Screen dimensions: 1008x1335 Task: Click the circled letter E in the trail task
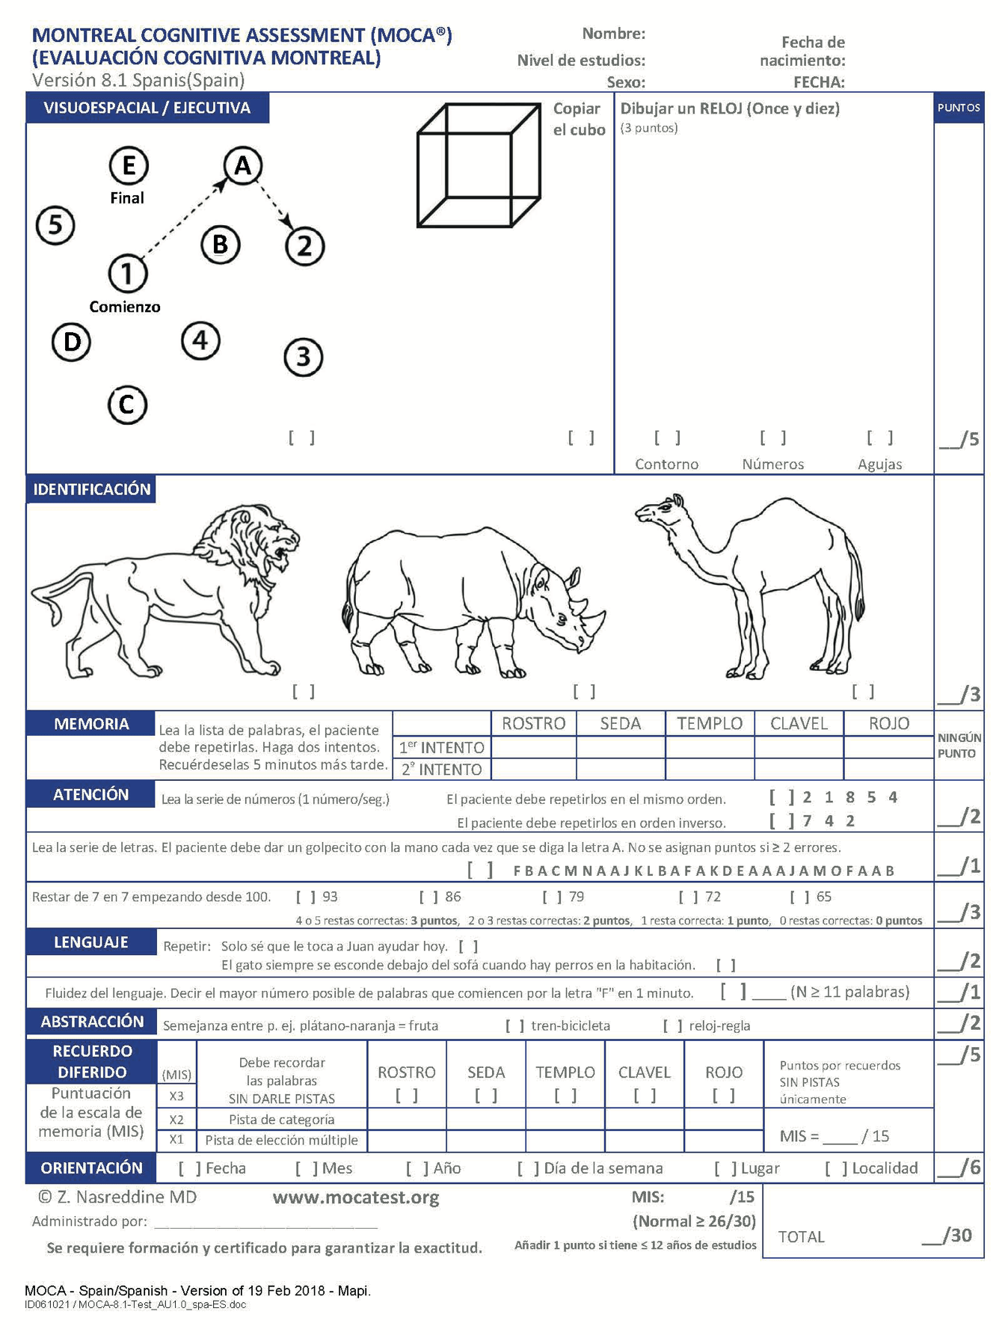pyautogui.click(x=129, y=165)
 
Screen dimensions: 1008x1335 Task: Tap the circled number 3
pyautogui.click(x=303, y=357)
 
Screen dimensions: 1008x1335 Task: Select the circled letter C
pyautogui.click(x=127, y=405)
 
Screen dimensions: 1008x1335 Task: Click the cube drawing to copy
pyautogui.click(x=479, y=165)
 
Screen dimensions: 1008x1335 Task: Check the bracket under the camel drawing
pyautogui.click(x=863, y=692)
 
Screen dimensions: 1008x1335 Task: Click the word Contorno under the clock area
pyautogui.click(x=666, y=464)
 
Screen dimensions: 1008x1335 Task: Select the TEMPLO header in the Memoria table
pyautogui.click(x=710, y=723)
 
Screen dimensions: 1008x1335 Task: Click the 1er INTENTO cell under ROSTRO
pyautogui.click(x=534, y=747)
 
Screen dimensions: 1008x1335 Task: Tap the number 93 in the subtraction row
pyautogui.click(x=330, y=896)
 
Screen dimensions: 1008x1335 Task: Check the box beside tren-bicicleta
pyautogui.click(x=514, y=1025)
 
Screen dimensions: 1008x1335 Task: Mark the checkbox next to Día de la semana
pyautogui.click(x=527, y=1168)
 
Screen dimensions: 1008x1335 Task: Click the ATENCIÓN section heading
pyautogui.click(x=91, y=794)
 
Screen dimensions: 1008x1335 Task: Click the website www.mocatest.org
pyautogui.click(x=356, y=1197)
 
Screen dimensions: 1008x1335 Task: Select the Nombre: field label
pyautogui.click(x=614, y=34)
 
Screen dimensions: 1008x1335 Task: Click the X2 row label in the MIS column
pyautogui.click(x=176, y=1120)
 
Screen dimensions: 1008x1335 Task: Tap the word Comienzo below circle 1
pyautogui.click(x=125, y=307)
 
